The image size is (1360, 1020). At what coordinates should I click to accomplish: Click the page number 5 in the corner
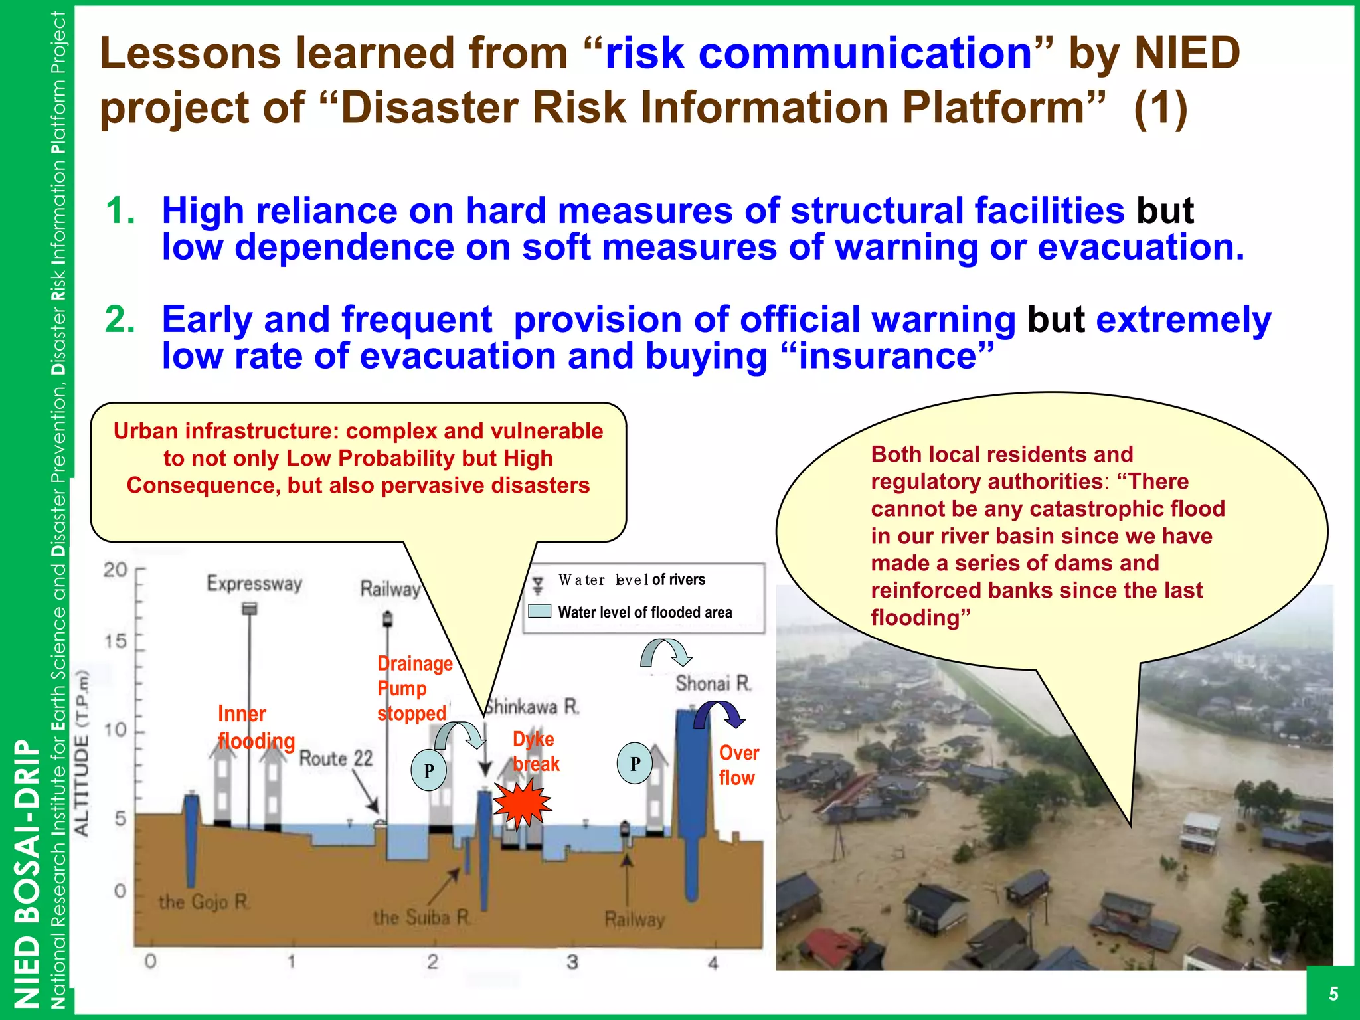click(x=1333, y=993)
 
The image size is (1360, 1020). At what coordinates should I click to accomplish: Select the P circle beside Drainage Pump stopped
click(x=429, y=770)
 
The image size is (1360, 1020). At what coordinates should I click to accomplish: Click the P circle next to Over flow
click(x=635, y=764)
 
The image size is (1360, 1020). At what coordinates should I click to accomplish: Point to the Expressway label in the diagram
click(x=254, y=584)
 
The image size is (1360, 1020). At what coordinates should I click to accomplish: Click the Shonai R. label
click(x=713, y=683)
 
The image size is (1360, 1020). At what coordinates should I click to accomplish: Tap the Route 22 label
click(x=336, y=758)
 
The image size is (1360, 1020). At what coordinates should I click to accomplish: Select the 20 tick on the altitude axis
click(x=116, y=570)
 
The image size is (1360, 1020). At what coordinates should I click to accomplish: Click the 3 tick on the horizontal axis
click(x=572, y=962)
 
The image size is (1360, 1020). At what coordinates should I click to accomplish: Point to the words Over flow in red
click(x=738, y=765)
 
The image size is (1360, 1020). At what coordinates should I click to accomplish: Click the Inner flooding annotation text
click(x=255, y=727)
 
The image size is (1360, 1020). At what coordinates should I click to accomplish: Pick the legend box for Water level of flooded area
click(x=539, y=611)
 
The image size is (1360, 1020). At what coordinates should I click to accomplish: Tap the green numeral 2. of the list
click(x=120, y=319)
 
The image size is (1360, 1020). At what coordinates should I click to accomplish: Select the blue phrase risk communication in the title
click(x=818, y=53)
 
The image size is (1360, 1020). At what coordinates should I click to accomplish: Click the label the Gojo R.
click(x=204, y=902)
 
